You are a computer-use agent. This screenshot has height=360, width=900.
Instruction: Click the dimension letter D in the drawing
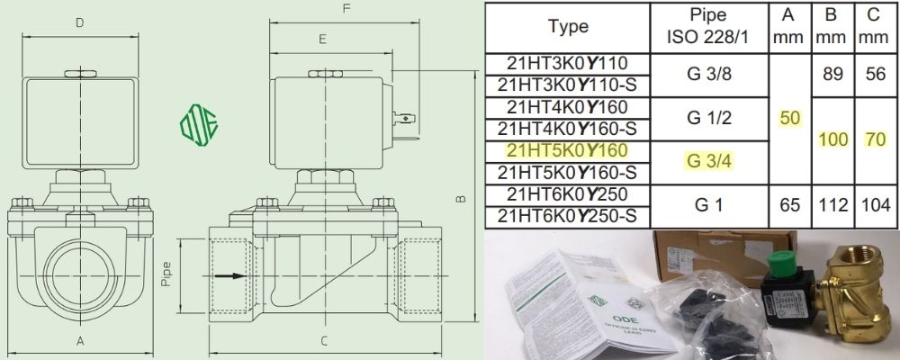point(80,22)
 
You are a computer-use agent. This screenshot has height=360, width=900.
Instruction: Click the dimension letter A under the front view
point(80,341)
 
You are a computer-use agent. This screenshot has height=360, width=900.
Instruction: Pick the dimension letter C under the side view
point(323,341)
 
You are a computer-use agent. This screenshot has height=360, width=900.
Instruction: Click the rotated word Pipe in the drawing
point(166,273)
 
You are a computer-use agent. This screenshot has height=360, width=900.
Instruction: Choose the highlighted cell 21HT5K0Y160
point(568,150)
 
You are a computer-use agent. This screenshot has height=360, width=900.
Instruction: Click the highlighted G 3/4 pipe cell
point(706,160)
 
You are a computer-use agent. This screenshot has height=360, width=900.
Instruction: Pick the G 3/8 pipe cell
point(706,75)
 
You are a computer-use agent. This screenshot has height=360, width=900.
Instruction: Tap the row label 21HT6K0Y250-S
point(568,216)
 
